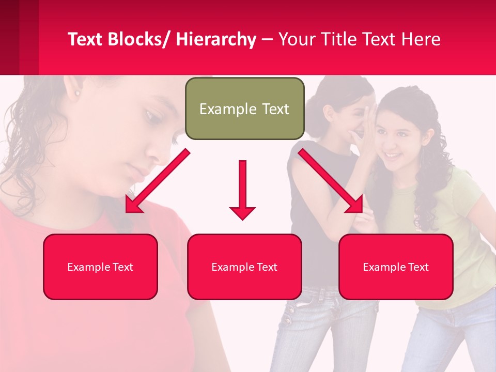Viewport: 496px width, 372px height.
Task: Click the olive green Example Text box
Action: click(x=244, y=109)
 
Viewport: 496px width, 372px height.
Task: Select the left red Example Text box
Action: click(x=100, y=267)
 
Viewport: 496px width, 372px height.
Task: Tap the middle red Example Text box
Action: click(x=244, y=267)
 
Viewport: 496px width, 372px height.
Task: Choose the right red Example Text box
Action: click(x=396, y=267)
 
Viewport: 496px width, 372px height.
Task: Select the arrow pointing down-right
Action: click(x=331, y=181)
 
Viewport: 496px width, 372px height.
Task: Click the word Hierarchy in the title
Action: click(x=216, y=39)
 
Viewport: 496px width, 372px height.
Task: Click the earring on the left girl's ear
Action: click(x=78, y=94)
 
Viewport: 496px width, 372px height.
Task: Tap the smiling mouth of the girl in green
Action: click(x=393, y=154)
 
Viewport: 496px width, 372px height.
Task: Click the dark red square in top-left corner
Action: click(x=9, y=36)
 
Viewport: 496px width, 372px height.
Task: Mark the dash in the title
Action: click(x=267, y=40)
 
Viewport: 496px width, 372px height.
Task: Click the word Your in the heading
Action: click(x=297, y=39)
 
